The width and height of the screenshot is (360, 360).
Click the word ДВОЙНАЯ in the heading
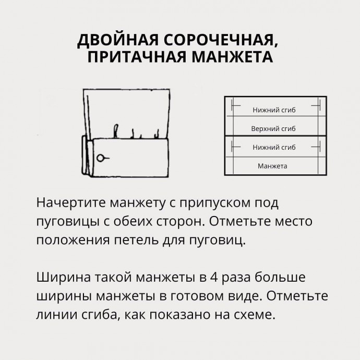tap(118, 40)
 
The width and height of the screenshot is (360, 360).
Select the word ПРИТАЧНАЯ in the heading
tap(137, 57)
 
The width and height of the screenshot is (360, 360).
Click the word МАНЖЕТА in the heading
tap(232, 57)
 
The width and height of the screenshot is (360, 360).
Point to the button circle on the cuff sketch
tap(100, 158)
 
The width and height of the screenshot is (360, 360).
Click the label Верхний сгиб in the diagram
tap(273, 128)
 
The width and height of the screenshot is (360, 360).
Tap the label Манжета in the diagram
tap(272, 166)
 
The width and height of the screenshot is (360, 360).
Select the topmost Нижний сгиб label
tap(274, 110)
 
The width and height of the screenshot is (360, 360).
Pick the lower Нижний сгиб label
tap(274, 148)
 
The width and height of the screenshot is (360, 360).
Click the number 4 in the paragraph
tap(213, 277)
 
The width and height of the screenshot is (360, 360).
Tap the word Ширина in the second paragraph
tap(64, 278)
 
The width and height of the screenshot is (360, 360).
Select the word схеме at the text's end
tap(255, 315)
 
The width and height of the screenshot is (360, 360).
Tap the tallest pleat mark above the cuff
tap(116, 131)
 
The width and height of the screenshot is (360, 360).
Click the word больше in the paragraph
tap(280, 277)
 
